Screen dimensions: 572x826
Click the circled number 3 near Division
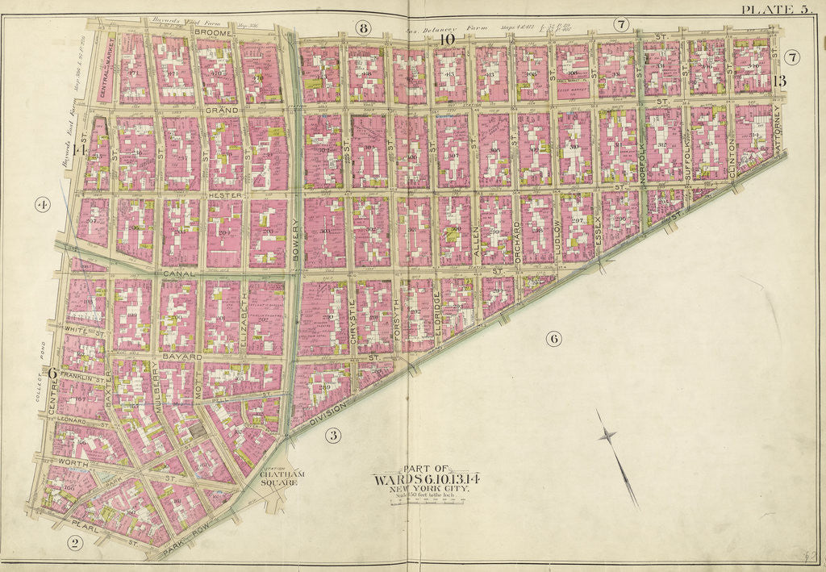click(x=331, y=436)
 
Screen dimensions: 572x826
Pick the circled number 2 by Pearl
click(x=74, y=542)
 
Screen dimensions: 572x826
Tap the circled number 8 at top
click(x=363, y=29)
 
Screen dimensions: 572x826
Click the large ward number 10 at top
click(x=447, y=38)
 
